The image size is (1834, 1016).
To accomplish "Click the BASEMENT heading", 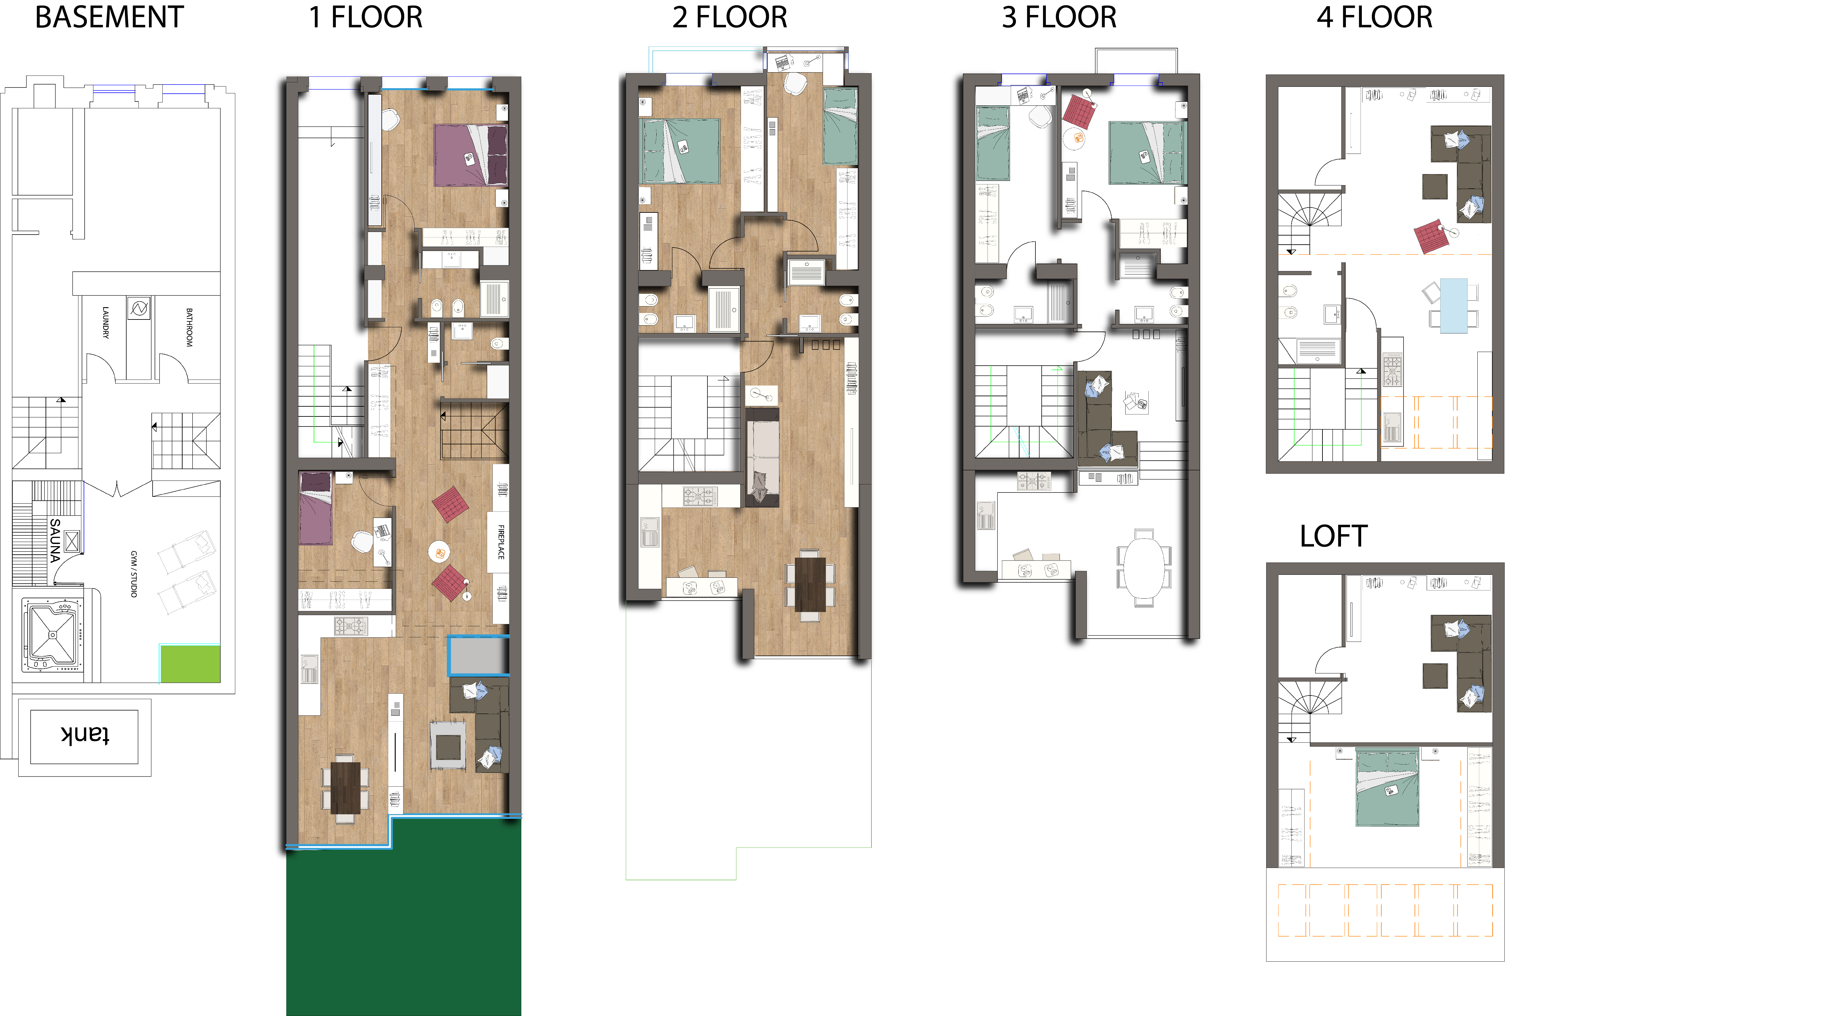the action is (x=110, y=17).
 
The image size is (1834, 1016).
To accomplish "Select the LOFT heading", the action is (x=1334, y=536).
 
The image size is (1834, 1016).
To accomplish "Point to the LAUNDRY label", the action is (x=105, y=322).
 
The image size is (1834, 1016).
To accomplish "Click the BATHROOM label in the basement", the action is (x=189, y=328).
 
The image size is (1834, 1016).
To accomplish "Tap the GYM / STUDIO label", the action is (x=133, y=574).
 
